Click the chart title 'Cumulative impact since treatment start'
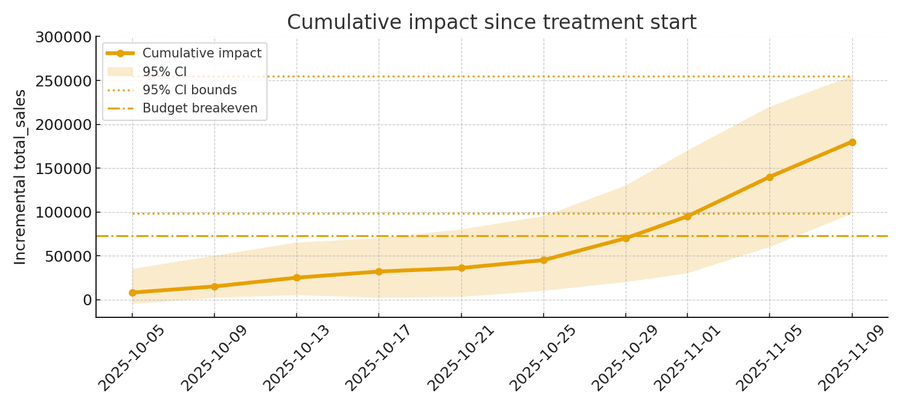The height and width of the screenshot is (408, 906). pos(491,22)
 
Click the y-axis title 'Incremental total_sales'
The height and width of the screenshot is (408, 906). pos(21,176)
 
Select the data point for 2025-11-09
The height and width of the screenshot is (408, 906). pos(852,142)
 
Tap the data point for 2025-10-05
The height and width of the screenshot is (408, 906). pos(132,293)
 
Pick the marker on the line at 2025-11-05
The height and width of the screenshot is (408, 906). pos(769,177)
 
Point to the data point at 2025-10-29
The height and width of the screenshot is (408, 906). pos(626,238)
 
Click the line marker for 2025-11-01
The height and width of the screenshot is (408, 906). pos(687,216)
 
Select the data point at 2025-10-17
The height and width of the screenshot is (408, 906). pos(379,271)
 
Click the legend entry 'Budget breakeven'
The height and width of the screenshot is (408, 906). pos(200,108)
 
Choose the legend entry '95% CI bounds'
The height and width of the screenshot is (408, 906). pos(190,90)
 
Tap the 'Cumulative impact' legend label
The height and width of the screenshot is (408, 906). pos(202,53)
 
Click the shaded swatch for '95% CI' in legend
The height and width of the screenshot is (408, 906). pos(120,72)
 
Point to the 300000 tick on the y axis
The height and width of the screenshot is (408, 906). pos(63,37)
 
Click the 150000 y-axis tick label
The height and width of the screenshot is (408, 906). pos(63,169)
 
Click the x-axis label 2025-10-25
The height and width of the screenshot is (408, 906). pos(544,358)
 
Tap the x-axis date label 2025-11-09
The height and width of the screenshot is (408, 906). pos(852,358)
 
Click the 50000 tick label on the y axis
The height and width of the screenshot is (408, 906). pos(68,256)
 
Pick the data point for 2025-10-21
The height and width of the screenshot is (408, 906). pos(461,268)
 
